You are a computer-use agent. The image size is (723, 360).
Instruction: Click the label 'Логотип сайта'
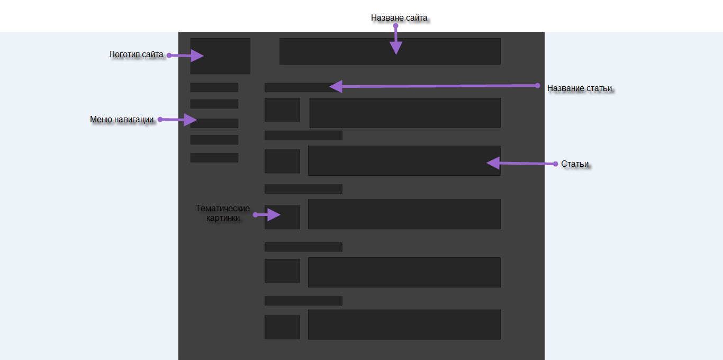(136, 54)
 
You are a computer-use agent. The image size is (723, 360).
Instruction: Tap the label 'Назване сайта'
(399, 18)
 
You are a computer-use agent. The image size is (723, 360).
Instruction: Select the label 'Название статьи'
(580, 88)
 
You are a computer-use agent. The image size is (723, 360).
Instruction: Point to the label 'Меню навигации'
(122, 120)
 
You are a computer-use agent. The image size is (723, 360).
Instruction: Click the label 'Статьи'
(575, 164)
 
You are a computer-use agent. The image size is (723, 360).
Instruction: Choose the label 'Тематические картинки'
(223, 213)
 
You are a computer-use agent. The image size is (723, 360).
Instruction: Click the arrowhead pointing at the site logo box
(197, 56)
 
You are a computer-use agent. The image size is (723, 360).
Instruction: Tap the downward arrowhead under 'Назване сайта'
(395, 48)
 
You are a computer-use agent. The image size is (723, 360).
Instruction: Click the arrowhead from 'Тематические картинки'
(274, 214)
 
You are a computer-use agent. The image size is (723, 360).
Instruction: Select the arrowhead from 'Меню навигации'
(191, 120)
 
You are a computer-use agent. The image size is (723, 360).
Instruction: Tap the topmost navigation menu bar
(214, 87)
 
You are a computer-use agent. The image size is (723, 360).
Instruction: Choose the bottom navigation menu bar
(214, 158)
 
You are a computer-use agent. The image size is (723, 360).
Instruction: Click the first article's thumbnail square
(282, 110)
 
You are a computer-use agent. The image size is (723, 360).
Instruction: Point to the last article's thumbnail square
(282, 327)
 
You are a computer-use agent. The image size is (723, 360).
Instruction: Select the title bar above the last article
(303, 301)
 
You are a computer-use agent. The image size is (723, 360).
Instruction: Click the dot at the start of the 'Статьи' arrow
(555, 164)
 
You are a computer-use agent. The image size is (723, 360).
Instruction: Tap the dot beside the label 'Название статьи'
(537, 85)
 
